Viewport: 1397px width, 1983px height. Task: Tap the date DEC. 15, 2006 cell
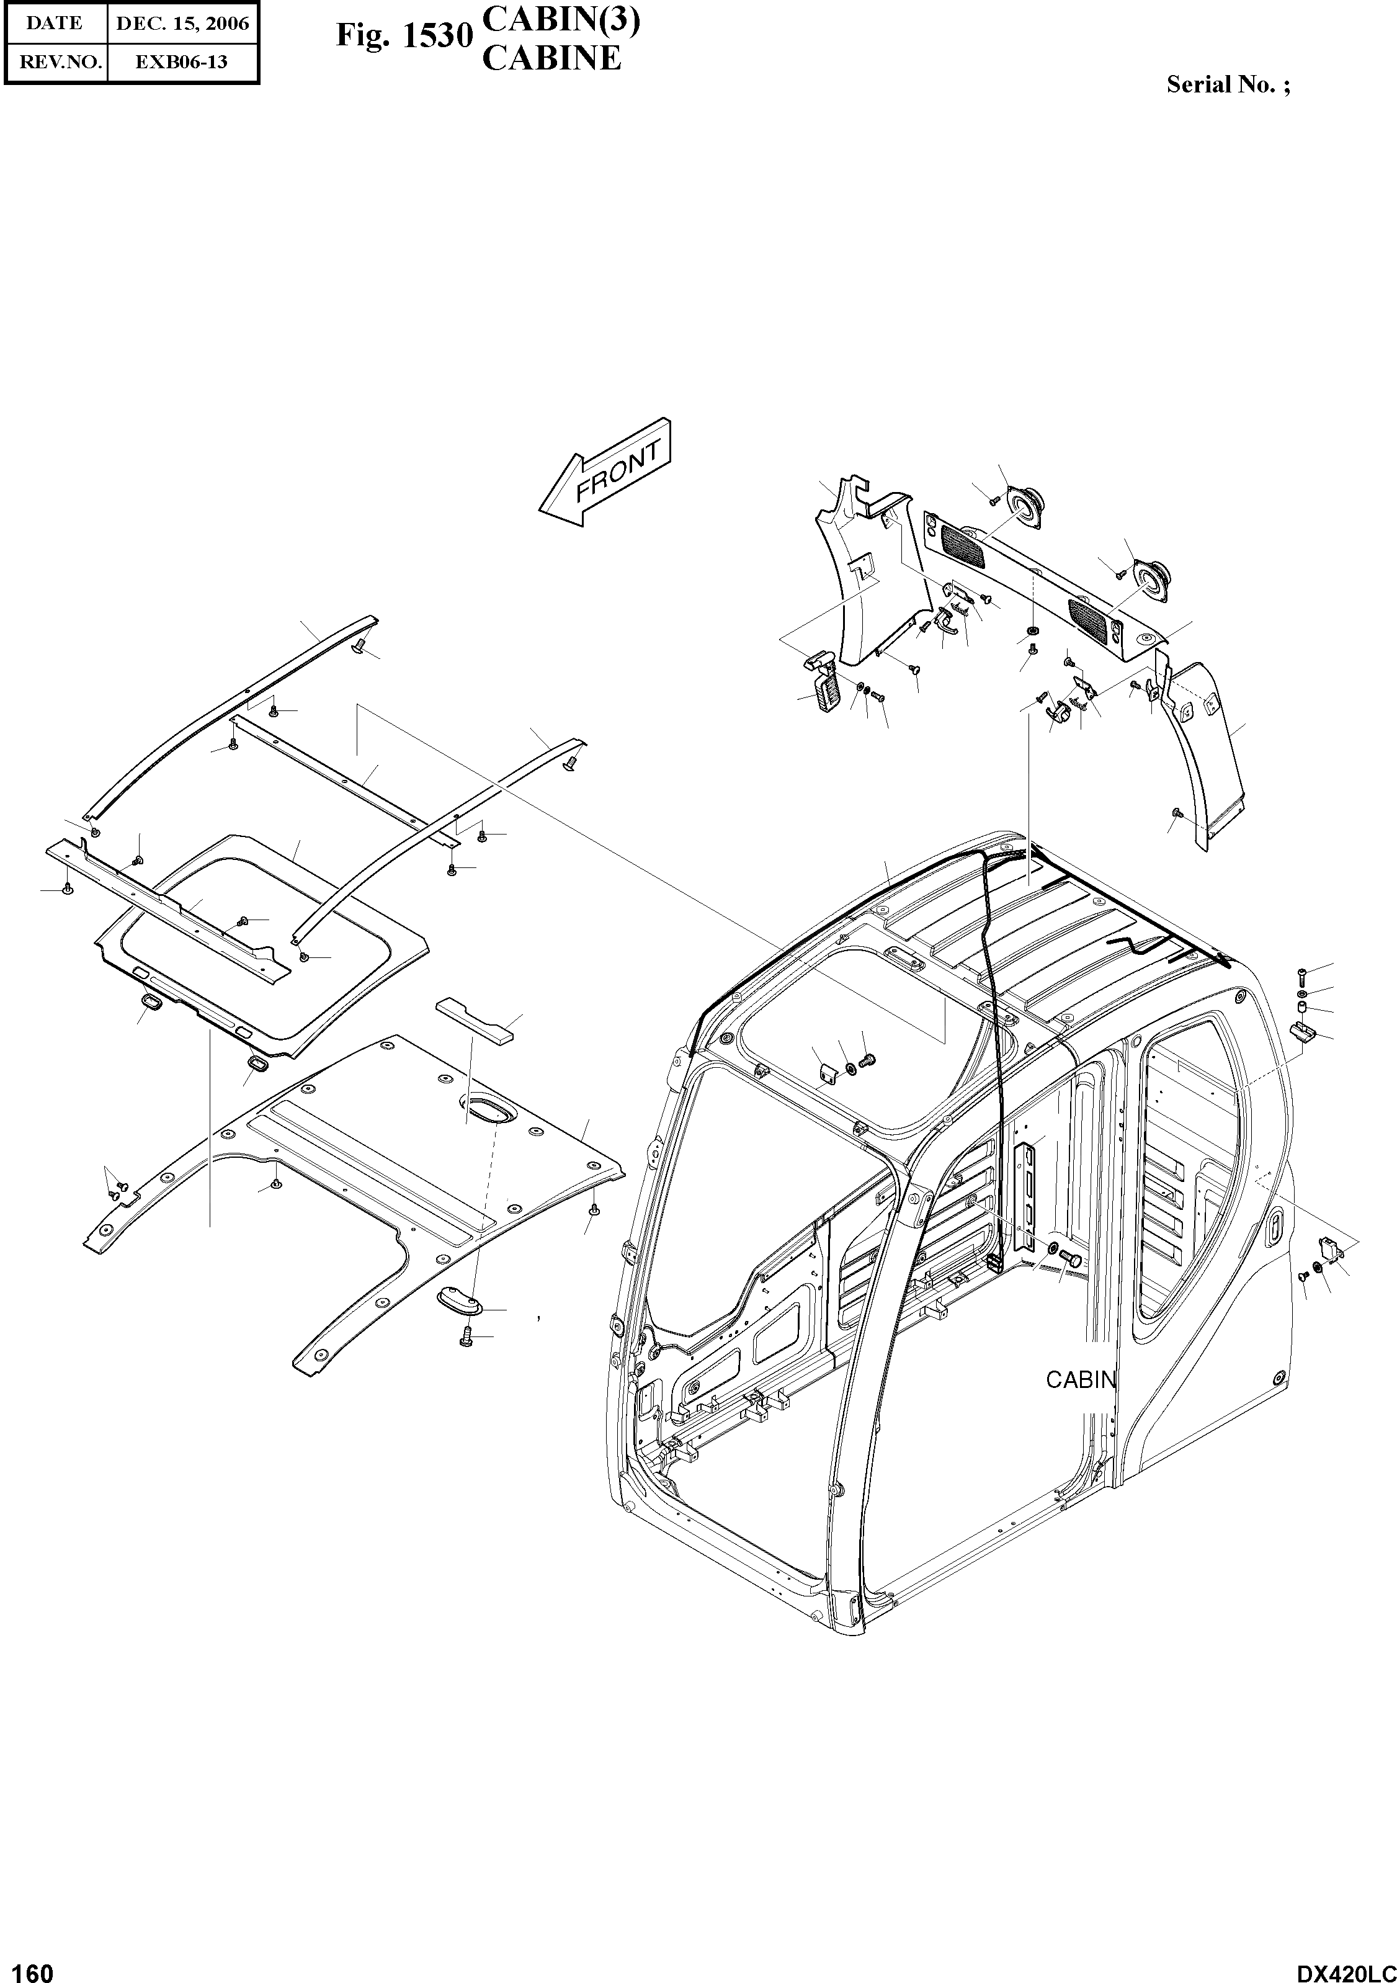(182, 24)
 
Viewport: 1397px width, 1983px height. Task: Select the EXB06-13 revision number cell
(182, 62)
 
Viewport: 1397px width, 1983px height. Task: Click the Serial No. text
(1228, 84)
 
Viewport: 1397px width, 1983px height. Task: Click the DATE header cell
(55, 24)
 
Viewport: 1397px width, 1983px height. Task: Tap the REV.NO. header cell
(55, 62)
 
